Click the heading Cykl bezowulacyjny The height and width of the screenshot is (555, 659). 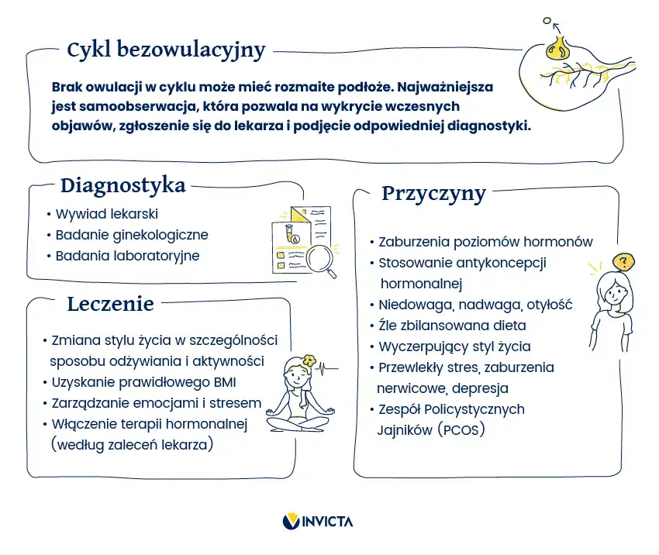(166, 50)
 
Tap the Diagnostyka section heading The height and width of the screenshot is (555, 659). (122, 186)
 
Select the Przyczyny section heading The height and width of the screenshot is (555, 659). (433, 193)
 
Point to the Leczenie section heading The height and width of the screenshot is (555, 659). (110, 303)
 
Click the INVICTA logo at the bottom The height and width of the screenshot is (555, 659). (317, 522)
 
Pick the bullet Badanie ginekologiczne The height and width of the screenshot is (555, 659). (131, 235)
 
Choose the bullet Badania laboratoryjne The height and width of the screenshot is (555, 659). (126, 256)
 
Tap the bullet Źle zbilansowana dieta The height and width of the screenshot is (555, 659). (451, 326)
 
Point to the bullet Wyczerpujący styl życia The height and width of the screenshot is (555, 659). (454, 346)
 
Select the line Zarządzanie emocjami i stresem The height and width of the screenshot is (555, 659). (156, 403)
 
